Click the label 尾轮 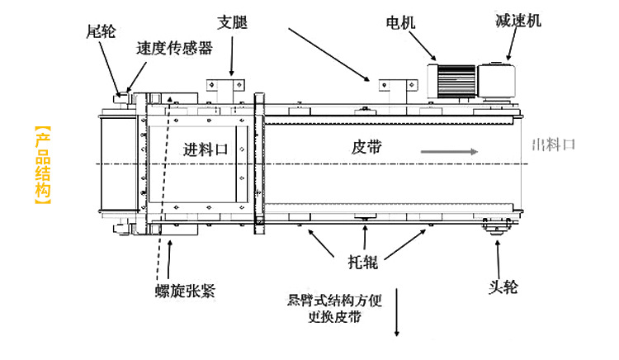(102, 32)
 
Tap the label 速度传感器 (174, 48)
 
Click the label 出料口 (553, 146)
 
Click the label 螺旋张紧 (185, 290)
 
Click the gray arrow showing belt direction (449, 152)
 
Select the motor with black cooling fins (452, 81)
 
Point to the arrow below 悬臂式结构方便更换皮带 (397, 314)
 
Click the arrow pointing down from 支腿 (232, 54)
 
